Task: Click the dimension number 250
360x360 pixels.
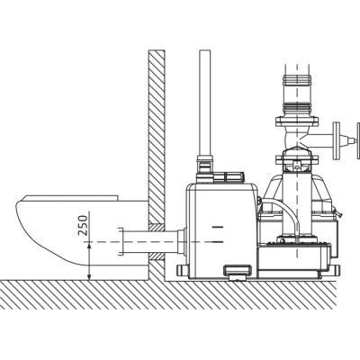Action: pos(84,225)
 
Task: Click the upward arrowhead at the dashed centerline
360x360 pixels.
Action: pos(89,247)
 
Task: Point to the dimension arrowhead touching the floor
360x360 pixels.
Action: pos(89,275)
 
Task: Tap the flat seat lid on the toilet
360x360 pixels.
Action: pos(71,198)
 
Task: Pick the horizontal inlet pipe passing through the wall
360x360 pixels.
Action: pos(150,242)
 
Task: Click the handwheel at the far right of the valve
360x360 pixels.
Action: pos(358,140)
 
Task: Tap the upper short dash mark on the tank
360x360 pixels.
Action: pos(217,227)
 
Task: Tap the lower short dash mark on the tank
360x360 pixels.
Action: pos(217,241)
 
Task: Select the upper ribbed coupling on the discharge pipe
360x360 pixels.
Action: pos(297,80)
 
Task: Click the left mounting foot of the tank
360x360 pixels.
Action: pos(183,272)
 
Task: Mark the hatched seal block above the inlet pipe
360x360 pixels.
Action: pos(157,228)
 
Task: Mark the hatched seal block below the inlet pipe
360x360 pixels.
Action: pos(157,256)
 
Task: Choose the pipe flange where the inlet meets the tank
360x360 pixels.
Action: pos(182,242)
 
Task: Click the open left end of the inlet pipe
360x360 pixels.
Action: pos(121,242)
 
